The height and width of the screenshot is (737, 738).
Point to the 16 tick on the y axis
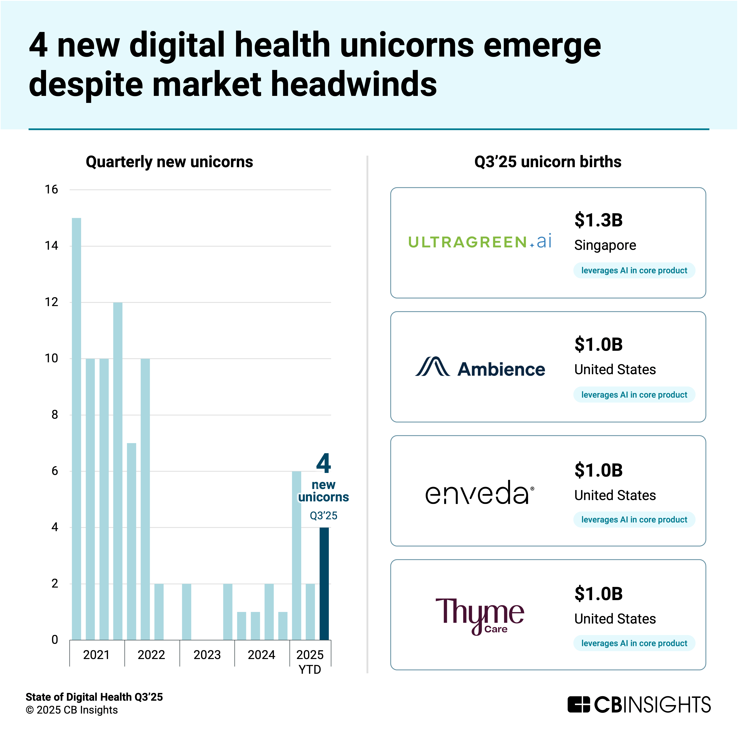(52, 189)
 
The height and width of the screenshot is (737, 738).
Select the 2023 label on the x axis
(207, 655)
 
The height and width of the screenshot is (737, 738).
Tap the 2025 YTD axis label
(310, 662)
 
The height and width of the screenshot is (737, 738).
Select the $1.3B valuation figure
(598, 220)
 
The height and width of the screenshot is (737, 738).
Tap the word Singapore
(605, 245)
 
